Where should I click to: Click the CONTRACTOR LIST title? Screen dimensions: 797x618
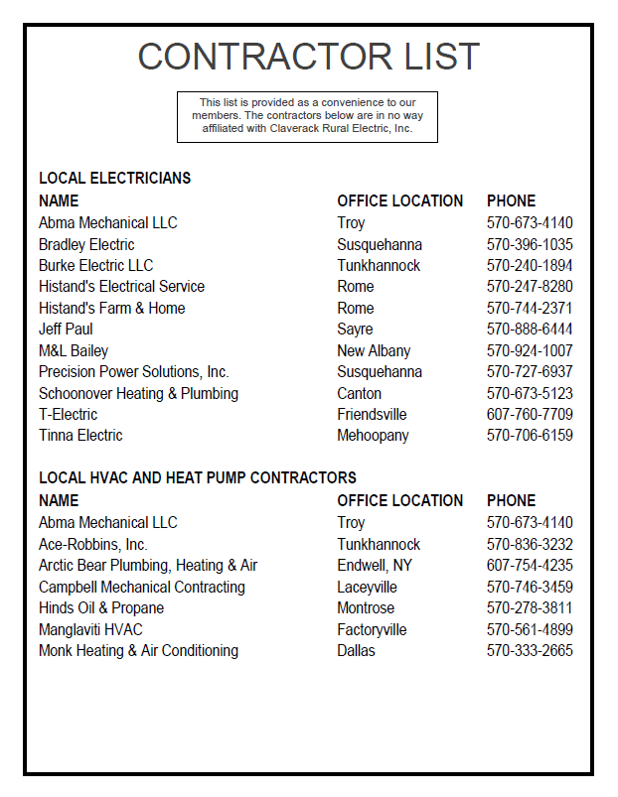(x=308, y=57)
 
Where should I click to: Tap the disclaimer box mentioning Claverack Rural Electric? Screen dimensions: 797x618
(x=307, y=116)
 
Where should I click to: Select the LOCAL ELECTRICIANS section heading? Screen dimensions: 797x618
(x=114, y=179)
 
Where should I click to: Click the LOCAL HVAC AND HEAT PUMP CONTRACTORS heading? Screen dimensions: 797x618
(x=197, y=478)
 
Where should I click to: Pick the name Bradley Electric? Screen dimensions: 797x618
(x=86, y=244)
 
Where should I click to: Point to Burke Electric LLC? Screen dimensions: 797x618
(x=95, y=265)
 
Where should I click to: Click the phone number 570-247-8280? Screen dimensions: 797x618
(x=530, y=287)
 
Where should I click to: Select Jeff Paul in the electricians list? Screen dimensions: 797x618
(x=66, y=330)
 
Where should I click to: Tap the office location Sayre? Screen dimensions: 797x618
(x=355, y=330)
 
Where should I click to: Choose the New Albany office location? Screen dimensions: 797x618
(x=374, y=350)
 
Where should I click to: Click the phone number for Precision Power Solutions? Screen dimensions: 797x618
(x=530, y=372)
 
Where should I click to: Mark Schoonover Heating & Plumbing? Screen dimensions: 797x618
(x=138, y=393)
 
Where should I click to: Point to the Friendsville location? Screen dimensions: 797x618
(x=372, y=415)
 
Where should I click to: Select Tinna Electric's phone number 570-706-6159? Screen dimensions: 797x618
(x=530, y=436)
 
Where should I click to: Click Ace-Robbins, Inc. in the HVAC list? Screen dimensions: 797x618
(x=92, y=544)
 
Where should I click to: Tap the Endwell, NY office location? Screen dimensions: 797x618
(x=374, y=566)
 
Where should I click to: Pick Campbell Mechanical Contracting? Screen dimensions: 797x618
(x=141, y=587)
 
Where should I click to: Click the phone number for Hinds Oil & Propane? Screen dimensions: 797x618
(x=530, y=608)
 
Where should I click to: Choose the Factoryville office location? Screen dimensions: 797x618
(x=372, y=629)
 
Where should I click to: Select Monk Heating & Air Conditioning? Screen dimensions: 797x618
(x=138, y=651)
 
